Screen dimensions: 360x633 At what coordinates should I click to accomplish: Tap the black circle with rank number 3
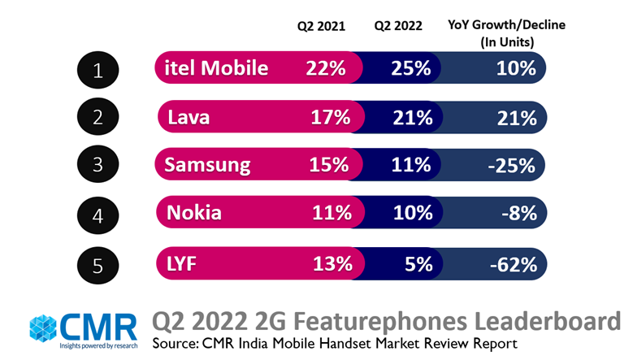click(98, 167)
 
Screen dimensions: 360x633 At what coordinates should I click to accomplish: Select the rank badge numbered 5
click(98, 264)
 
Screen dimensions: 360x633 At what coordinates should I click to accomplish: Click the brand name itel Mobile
click(217, 68)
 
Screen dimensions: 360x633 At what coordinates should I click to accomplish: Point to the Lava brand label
click(189, 117)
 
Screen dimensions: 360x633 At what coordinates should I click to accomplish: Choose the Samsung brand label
click(207, 166)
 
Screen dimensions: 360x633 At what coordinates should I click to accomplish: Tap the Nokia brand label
click(195, 214)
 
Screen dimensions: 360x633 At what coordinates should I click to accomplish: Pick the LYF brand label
click(183, 263)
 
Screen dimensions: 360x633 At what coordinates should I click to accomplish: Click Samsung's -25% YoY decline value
click(512, 166)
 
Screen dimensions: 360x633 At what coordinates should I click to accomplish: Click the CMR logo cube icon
click(44, 328)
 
